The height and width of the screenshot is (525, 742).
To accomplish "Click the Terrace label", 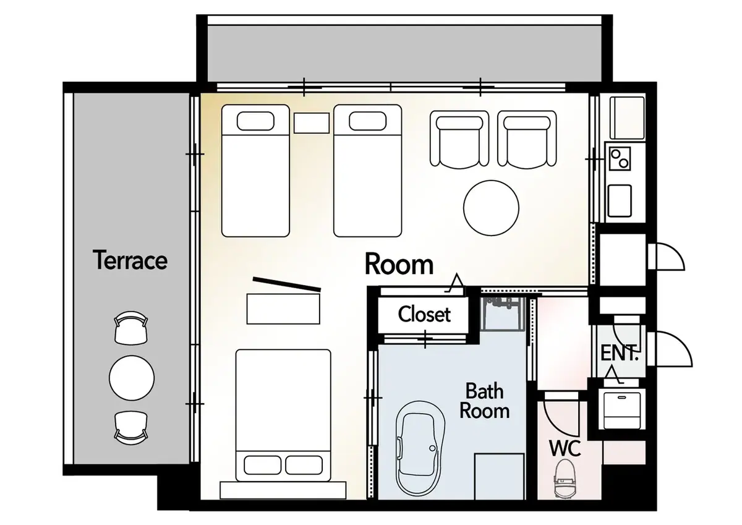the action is pos(130,260).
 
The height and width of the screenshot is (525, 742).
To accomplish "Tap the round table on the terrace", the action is pos(132,378).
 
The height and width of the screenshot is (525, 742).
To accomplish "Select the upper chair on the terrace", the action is pos(131,327).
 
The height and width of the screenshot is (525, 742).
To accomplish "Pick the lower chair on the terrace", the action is pos(131,428).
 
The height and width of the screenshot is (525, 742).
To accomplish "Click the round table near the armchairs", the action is pos(491,208).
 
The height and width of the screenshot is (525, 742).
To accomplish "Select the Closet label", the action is pos(424,314).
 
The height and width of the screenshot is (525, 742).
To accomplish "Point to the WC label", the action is pos(565,448).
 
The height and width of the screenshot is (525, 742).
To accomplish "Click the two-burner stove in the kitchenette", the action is pos(620,159).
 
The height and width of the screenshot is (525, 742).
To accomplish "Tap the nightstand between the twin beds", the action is pos(312,123).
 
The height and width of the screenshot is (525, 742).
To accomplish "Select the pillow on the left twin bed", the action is pos(255,121).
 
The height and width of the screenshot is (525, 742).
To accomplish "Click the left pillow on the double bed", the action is pos(263,465).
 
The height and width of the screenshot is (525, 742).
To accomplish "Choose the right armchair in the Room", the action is pos(527,139).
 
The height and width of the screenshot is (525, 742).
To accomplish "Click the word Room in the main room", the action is pos(399,264).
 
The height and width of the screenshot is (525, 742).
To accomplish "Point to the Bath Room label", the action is pos(484,401).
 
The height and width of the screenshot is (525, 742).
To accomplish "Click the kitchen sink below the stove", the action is pos(620,201).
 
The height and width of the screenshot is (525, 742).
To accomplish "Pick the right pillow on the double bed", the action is pos(304,465).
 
